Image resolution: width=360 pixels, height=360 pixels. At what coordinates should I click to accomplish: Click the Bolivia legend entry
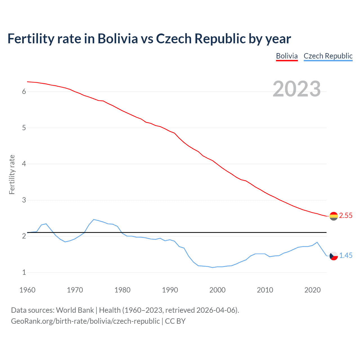point(287,56)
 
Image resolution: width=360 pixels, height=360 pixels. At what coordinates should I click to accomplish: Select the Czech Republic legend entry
point(328,56)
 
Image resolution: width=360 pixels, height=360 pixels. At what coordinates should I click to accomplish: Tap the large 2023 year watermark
point(297,89)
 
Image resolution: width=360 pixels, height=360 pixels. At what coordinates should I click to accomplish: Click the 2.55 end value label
point(346,216)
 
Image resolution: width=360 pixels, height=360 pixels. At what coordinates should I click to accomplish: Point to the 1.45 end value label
point(346,256)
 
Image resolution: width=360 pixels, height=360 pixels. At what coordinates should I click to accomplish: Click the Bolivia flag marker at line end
point(334,216)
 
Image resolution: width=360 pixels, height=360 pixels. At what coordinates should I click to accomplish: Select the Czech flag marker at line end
point(334,256)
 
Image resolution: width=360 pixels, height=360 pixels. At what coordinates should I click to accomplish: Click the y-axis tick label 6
point(24,92)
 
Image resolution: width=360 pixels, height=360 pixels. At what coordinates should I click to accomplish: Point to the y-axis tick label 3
point(24,200)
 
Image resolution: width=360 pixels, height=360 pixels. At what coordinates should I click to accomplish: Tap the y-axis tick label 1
point(24,273)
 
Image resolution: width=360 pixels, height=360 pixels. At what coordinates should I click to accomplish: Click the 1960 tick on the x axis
point(27,290)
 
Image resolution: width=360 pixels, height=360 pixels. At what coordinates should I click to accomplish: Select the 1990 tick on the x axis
point(170,290)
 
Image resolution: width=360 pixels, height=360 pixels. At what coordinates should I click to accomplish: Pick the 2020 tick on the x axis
point(312,290)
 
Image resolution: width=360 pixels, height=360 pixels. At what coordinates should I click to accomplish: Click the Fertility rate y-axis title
point(12,174)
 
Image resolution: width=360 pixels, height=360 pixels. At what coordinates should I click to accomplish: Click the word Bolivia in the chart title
point(118,39)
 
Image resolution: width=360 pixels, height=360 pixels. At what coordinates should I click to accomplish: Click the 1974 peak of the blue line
point(94,219)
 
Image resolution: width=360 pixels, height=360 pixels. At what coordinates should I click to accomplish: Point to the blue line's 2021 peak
point(317,242)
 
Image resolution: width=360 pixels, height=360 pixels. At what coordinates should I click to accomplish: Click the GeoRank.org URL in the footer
point(85,321)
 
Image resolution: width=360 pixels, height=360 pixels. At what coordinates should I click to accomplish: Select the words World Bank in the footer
point(75,310)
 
